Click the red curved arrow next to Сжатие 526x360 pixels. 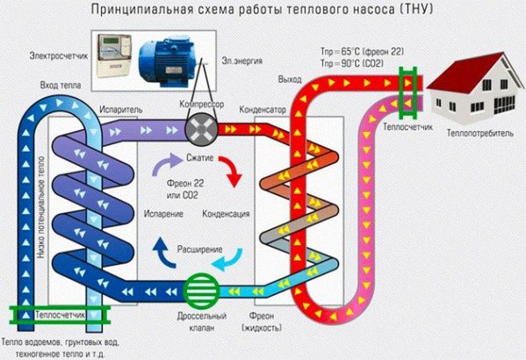tap(232, 172)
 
